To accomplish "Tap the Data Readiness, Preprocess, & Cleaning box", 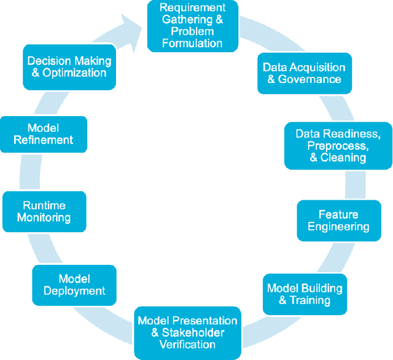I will point(338,146).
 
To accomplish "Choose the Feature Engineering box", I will point(338,221).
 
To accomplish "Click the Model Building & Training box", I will point(305,294).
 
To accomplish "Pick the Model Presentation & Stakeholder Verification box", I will point(187,332).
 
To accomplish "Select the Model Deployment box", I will point(74,285).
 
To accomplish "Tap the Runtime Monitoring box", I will point(44,212).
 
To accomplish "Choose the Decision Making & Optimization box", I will point(69,67).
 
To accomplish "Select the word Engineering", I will point(338,227).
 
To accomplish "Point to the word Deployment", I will point(74,291).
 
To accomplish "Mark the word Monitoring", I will point(44,218).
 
